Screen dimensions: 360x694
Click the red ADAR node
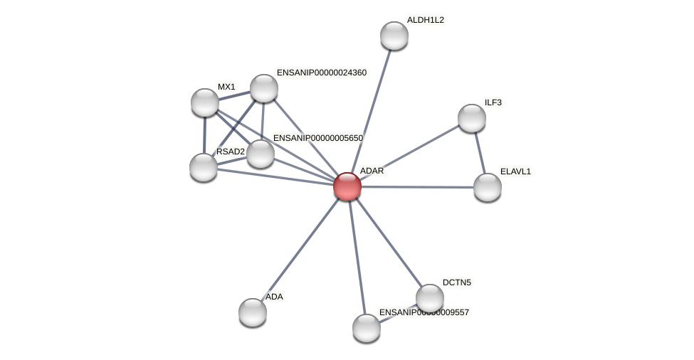(x=347, y=186)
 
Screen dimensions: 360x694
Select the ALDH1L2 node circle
(x=394, y=36)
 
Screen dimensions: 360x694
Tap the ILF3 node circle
(x=471, y=118)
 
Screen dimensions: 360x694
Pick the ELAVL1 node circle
(x=487, y=187)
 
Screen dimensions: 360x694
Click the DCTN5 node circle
(x=429, y=298)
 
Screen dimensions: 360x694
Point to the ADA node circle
(x=253, y=312)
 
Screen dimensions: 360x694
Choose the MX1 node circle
(x=205, y=102)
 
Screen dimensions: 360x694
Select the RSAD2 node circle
(x=204, y=167)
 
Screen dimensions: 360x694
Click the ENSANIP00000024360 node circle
(x=263, y=88)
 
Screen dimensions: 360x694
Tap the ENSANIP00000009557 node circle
(x=367, y=327)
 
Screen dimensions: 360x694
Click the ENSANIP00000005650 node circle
(x=261, y=154)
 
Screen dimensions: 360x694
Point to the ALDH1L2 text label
(x=425, y=20)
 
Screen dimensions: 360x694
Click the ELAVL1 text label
(x=515, y=171)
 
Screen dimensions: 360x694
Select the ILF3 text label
(x=493, y=102)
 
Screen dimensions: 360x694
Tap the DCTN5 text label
(x=456, y=282)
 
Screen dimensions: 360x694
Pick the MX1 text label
(x=226, y=87)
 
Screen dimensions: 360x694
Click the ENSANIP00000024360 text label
(x=321, y=73)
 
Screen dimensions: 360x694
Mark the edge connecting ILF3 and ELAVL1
(x=479, y=152)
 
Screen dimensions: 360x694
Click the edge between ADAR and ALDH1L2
(x=370, y=111)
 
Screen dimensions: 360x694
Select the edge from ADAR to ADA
(x=300, y=249)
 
